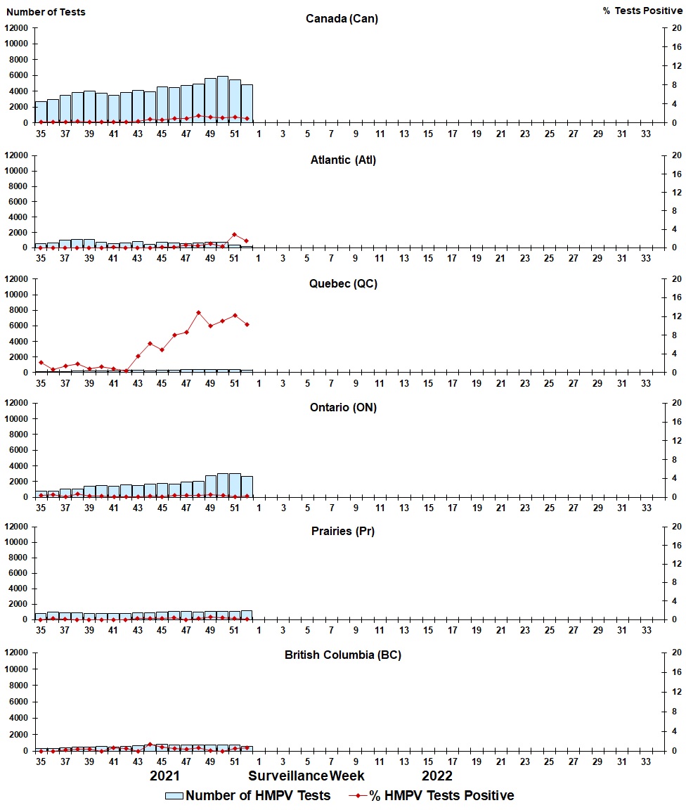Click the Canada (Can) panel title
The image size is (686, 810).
point(342,19)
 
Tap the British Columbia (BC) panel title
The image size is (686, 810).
point(343,655)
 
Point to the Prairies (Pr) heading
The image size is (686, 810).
point(343,532)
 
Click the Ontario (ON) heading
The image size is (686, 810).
point(343,408)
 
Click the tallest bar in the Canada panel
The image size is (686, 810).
point(222,100)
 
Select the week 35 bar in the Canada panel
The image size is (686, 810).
point(41,112)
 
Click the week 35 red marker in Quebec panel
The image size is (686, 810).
point(41,363)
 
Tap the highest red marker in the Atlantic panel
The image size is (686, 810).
point(235,234)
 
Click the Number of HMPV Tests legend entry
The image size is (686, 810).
point(247,796)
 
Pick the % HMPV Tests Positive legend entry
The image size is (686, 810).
point(432,796)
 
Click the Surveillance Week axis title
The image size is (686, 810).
point(306,776)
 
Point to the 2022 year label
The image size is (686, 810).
point(437,776)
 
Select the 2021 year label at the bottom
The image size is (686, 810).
point(165,776)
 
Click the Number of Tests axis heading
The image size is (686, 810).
point(46,12)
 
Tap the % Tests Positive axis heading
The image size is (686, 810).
point(642,11)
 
